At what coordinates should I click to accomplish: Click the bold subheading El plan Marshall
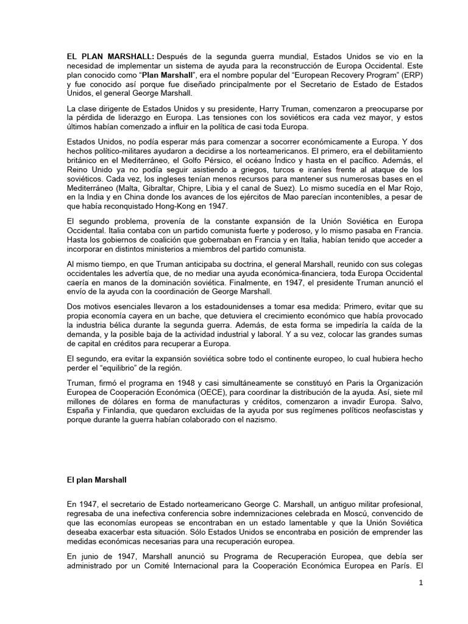97,480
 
